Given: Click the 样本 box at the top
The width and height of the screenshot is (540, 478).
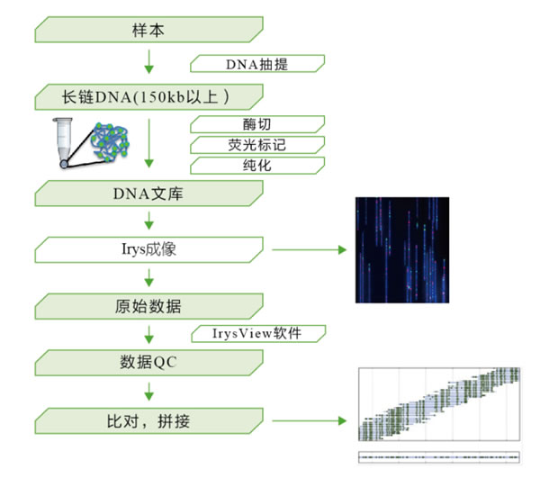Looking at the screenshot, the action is point(148,30).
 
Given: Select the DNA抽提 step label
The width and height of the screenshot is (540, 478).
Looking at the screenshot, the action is point(257,64).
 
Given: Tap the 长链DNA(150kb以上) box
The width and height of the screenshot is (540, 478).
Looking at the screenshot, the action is point(148,97).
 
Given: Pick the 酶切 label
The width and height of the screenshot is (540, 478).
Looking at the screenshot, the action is point(257,124).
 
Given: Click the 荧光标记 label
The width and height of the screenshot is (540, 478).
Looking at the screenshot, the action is point(257,145).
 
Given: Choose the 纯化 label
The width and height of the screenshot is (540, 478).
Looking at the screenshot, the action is point(257,166).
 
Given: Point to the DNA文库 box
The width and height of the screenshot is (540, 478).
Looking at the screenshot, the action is point(148,194).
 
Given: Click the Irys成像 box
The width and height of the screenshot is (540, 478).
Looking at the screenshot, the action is point(148,249).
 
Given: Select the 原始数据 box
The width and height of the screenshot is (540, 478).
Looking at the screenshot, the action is point(148,306).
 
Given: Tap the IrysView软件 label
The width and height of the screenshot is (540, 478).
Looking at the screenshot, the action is point(258,333).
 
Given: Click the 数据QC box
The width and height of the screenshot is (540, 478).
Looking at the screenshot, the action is point(148,363).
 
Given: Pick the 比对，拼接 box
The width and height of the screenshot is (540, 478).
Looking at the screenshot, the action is point(148,420).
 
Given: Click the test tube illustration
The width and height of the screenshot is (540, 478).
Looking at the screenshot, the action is point(63,143).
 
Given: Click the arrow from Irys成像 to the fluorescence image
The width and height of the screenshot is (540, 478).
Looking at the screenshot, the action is point(309,249).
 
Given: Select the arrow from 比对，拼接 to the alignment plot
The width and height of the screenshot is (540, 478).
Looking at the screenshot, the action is point(309,420).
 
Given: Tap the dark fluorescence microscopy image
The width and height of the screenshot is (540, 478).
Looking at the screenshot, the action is point(402,250).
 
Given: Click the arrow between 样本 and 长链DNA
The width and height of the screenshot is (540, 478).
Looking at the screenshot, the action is point(148,61).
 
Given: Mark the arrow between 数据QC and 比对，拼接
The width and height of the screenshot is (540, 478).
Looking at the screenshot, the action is point(148,392).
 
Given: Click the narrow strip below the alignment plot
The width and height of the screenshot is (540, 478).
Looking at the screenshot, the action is point(439,457).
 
